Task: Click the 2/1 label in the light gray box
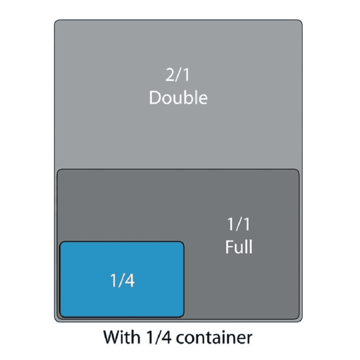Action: click(x=178, y=75)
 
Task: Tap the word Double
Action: click(x=178, y=97)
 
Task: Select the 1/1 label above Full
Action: click(x=239, y=224)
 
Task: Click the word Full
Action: click(x=239, y=247)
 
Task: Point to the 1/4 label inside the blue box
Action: click(x=122, y=281)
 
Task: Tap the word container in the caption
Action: click(x=215, y=338)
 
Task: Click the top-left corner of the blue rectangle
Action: click(x=61, y=242)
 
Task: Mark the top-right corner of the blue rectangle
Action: click(x=183, y=242)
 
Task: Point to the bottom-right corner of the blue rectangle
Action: click(x=183, y=316)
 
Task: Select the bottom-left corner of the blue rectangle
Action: click(x=61, y=316)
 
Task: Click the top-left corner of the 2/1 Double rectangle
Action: click(x=56, y=21)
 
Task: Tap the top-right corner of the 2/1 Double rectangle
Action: click(x=301, y=21)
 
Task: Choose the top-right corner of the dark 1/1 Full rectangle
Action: click(x=298, y=170)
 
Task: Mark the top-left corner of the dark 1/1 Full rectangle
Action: click(x=58, y=170)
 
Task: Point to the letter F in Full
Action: click(x=228, y=247)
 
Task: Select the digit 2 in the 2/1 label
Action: click(x=170, y=75)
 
